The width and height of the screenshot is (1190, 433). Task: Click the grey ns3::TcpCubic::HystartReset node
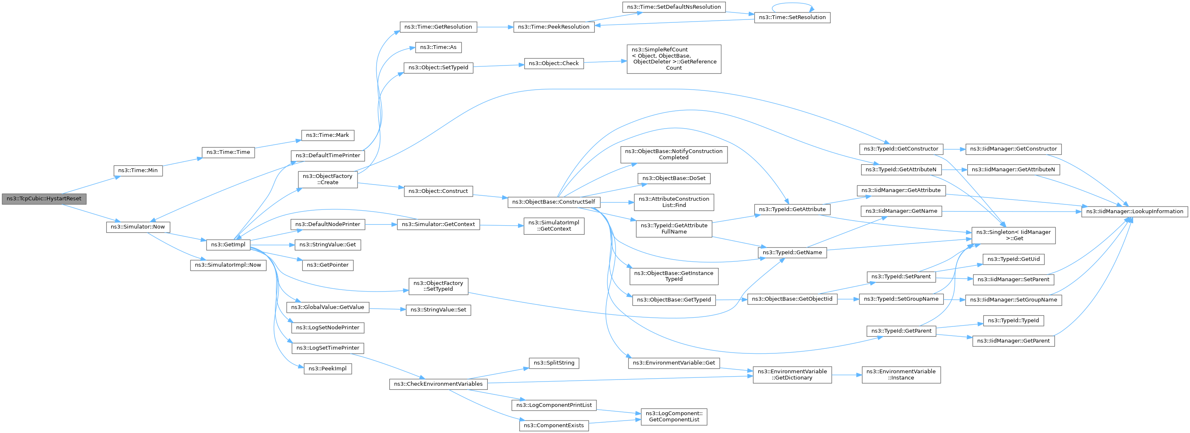point(44,199)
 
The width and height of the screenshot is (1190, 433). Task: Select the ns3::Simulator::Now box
point(138,227)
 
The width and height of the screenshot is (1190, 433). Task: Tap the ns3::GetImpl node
point(228,244)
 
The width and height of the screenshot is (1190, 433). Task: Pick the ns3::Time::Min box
point(138,170)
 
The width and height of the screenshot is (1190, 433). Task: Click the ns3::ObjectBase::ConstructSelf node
point(554,202)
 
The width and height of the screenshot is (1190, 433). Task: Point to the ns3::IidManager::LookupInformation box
point(1134,212)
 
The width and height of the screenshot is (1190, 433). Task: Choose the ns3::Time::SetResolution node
point(792,17)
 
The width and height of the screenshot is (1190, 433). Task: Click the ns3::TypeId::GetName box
point(792,253)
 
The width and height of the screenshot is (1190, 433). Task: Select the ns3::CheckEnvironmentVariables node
point(438,384)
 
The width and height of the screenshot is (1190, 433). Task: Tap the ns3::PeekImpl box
point(328,369)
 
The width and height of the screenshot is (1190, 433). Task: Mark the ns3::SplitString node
point(554,363)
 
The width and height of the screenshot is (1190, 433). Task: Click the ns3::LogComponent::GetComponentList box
point(674,417)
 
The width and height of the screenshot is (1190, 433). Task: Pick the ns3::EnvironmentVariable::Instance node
point(901,375)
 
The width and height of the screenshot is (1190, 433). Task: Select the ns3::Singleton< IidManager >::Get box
point(1014,236)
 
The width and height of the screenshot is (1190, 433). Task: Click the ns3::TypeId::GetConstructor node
point(901,149)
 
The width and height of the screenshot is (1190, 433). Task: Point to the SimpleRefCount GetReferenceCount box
point(674,59)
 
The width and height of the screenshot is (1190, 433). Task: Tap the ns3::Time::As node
point(438,48)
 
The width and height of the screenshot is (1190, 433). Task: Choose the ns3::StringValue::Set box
point(438,310)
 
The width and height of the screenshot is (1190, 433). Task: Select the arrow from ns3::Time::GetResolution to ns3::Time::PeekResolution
point(495,27)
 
